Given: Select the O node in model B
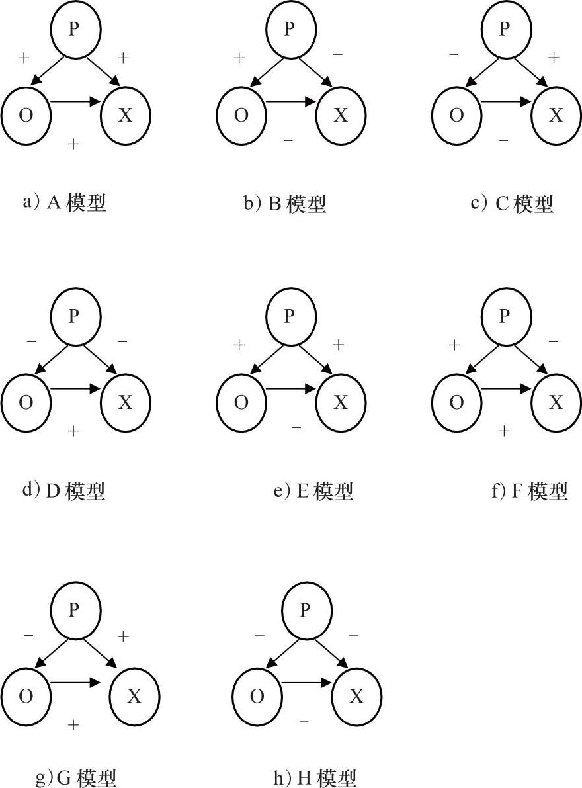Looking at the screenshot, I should tap(241, 115).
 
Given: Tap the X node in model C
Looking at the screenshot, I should tap(556, 115).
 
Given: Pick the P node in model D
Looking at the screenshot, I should tap(75, 317).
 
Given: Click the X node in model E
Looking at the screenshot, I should tap(341, 402).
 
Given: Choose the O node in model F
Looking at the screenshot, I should tap(456, 402).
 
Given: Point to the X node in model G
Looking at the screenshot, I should tap(134, 696).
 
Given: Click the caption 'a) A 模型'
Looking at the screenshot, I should tap(64, 202).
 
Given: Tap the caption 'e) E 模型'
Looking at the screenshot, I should tap(313, 491).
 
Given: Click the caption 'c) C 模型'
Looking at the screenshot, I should tap(512, 203).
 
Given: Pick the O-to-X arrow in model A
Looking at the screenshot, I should tap(75, 102).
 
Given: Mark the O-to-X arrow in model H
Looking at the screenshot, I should tap(306, 683).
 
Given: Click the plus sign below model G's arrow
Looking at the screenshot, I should tap(73, 725).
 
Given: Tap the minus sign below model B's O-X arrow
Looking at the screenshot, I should tap(288, 141).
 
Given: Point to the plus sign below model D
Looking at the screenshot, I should tap(73, 431).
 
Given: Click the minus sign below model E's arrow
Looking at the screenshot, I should tap(296, 428).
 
